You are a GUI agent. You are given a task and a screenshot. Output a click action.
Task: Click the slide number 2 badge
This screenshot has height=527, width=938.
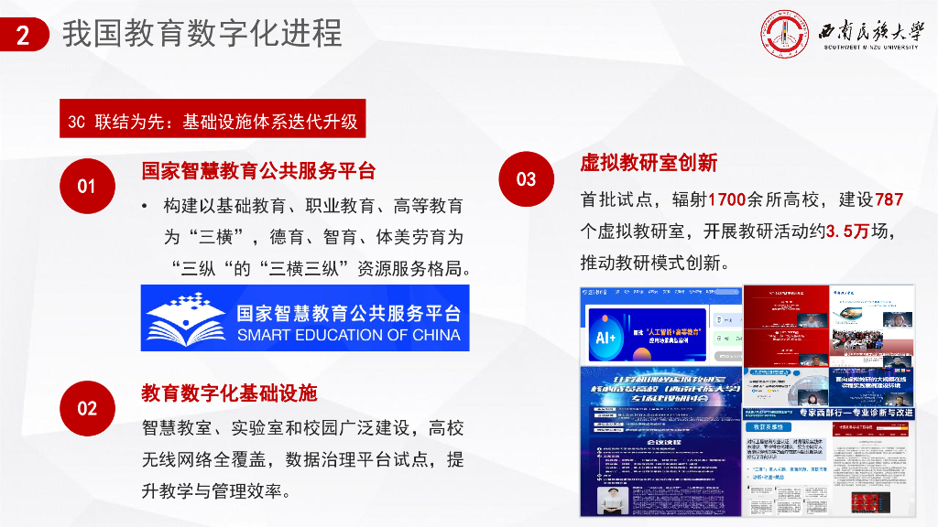click(24, 36)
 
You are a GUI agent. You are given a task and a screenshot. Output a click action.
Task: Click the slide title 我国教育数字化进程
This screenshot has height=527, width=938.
click(202, 34)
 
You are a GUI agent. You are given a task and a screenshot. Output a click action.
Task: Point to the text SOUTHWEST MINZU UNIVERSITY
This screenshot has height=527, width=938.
click(870, 48)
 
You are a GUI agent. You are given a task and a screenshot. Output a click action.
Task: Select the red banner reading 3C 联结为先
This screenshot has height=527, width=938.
click(213, 119)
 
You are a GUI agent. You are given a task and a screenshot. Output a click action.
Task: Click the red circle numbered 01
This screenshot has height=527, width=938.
click(86, 186)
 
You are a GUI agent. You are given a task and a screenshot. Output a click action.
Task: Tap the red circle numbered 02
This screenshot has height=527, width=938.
click(86, 408)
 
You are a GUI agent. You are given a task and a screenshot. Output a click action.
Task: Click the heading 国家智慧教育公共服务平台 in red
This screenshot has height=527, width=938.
click(259, 171)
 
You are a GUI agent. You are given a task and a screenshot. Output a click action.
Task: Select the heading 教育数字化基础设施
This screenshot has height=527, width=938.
click(229, 393)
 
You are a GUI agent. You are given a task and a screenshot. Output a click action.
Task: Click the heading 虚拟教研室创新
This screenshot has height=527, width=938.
click(649, 163)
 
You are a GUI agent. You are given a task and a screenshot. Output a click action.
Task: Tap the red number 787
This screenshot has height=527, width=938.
click(889, 199)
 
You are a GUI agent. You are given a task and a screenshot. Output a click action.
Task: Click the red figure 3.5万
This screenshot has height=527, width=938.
click(847, 231)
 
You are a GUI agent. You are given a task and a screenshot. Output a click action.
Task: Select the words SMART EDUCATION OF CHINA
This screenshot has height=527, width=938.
click(348, 335)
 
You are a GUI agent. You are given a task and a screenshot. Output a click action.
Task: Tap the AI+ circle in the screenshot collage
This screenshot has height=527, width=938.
click(606, 336)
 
